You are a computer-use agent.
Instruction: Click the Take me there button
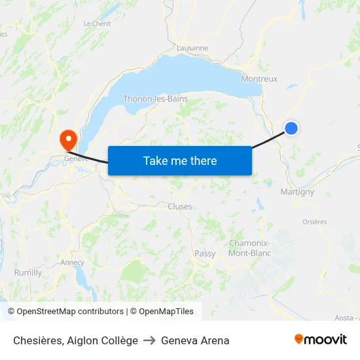pos(180,160)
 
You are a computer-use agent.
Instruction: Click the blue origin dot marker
pos(291,128)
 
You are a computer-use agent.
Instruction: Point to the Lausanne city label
pos(192,48)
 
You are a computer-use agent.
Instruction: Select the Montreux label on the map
pos(259,79)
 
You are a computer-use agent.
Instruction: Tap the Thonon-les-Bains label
pos(155,99)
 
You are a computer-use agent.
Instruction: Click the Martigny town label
pos(297,192)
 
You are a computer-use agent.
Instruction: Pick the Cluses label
pos(180,206)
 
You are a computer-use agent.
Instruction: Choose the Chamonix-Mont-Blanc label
pos(250,248)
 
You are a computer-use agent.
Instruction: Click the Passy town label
pos(205,253)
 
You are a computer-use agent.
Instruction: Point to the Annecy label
pos(72,262)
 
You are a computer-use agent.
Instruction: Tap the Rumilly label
pos(28,272)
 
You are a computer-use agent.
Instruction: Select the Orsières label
pos(314,222)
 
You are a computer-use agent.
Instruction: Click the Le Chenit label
pos(97,24)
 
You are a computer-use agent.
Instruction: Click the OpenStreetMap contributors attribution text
pos(70,312)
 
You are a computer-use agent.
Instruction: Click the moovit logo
pos(320,340)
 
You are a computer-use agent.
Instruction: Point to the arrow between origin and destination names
pos(149,340)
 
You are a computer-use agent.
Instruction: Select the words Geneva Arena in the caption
pos(195,340)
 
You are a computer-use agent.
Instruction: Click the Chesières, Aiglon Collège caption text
pos(75,340)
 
